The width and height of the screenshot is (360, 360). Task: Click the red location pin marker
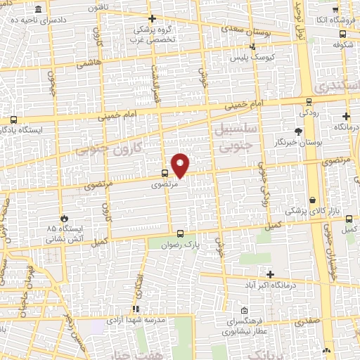(x=181, y=165)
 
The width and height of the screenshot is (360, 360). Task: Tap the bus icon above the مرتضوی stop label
(x=165, y=173)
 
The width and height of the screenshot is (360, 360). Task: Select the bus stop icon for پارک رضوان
(x=181, y=234)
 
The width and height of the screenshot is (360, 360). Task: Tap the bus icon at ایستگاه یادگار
(x=13, y=120)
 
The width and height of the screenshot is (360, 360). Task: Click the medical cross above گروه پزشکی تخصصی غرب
(x=153, y=19)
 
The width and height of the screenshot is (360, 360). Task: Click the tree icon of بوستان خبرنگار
(x=298, y=131)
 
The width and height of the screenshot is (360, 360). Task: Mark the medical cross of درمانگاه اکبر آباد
(x=269, y=274)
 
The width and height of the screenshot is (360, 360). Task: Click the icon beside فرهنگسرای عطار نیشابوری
(x=244, y=311)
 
